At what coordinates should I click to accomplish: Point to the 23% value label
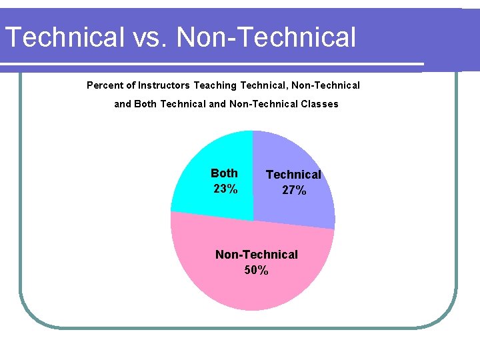225,189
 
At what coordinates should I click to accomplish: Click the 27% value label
294,191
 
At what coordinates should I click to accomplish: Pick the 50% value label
257,271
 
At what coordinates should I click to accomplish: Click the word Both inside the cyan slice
224,173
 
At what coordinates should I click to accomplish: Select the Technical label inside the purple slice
293,175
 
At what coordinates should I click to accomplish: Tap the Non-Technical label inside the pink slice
257,255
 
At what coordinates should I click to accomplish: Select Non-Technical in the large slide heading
267,37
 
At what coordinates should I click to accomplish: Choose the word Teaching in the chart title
215,85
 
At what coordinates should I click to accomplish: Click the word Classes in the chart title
319,104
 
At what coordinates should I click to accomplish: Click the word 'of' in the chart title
129,85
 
